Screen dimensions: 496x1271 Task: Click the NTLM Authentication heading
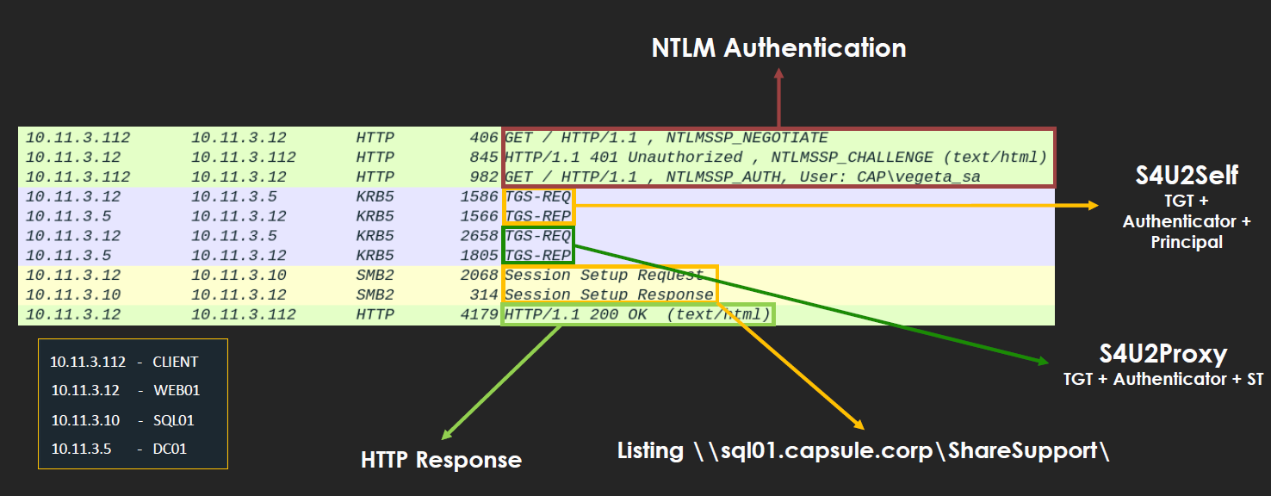(778, 47)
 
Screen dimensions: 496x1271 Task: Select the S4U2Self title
(1187, 176)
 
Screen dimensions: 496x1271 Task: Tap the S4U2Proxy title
(1162, 353)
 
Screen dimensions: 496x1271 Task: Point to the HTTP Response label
(441, 460)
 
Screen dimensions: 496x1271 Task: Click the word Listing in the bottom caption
(650, 450)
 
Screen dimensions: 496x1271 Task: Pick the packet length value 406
(485, 138)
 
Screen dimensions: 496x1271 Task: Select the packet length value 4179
(480, 314)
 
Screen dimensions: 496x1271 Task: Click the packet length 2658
(480, 236)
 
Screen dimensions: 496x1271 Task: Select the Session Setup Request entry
(604, 276)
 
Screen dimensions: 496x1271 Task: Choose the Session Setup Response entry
(609, 295)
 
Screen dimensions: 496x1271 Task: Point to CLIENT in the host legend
(176, 362)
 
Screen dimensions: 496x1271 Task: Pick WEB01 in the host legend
(177, 391)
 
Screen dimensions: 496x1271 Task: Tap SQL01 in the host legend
(174, 420)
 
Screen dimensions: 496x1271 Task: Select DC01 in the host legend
(170, 449)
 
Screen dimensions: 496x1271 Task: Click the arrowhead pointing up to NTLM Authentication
(778, 76)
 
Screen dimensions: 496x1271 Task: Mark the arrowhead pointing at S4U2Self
(1094, 205)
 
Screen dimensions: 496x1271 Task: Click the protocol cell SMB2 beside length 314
(375, 295)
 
